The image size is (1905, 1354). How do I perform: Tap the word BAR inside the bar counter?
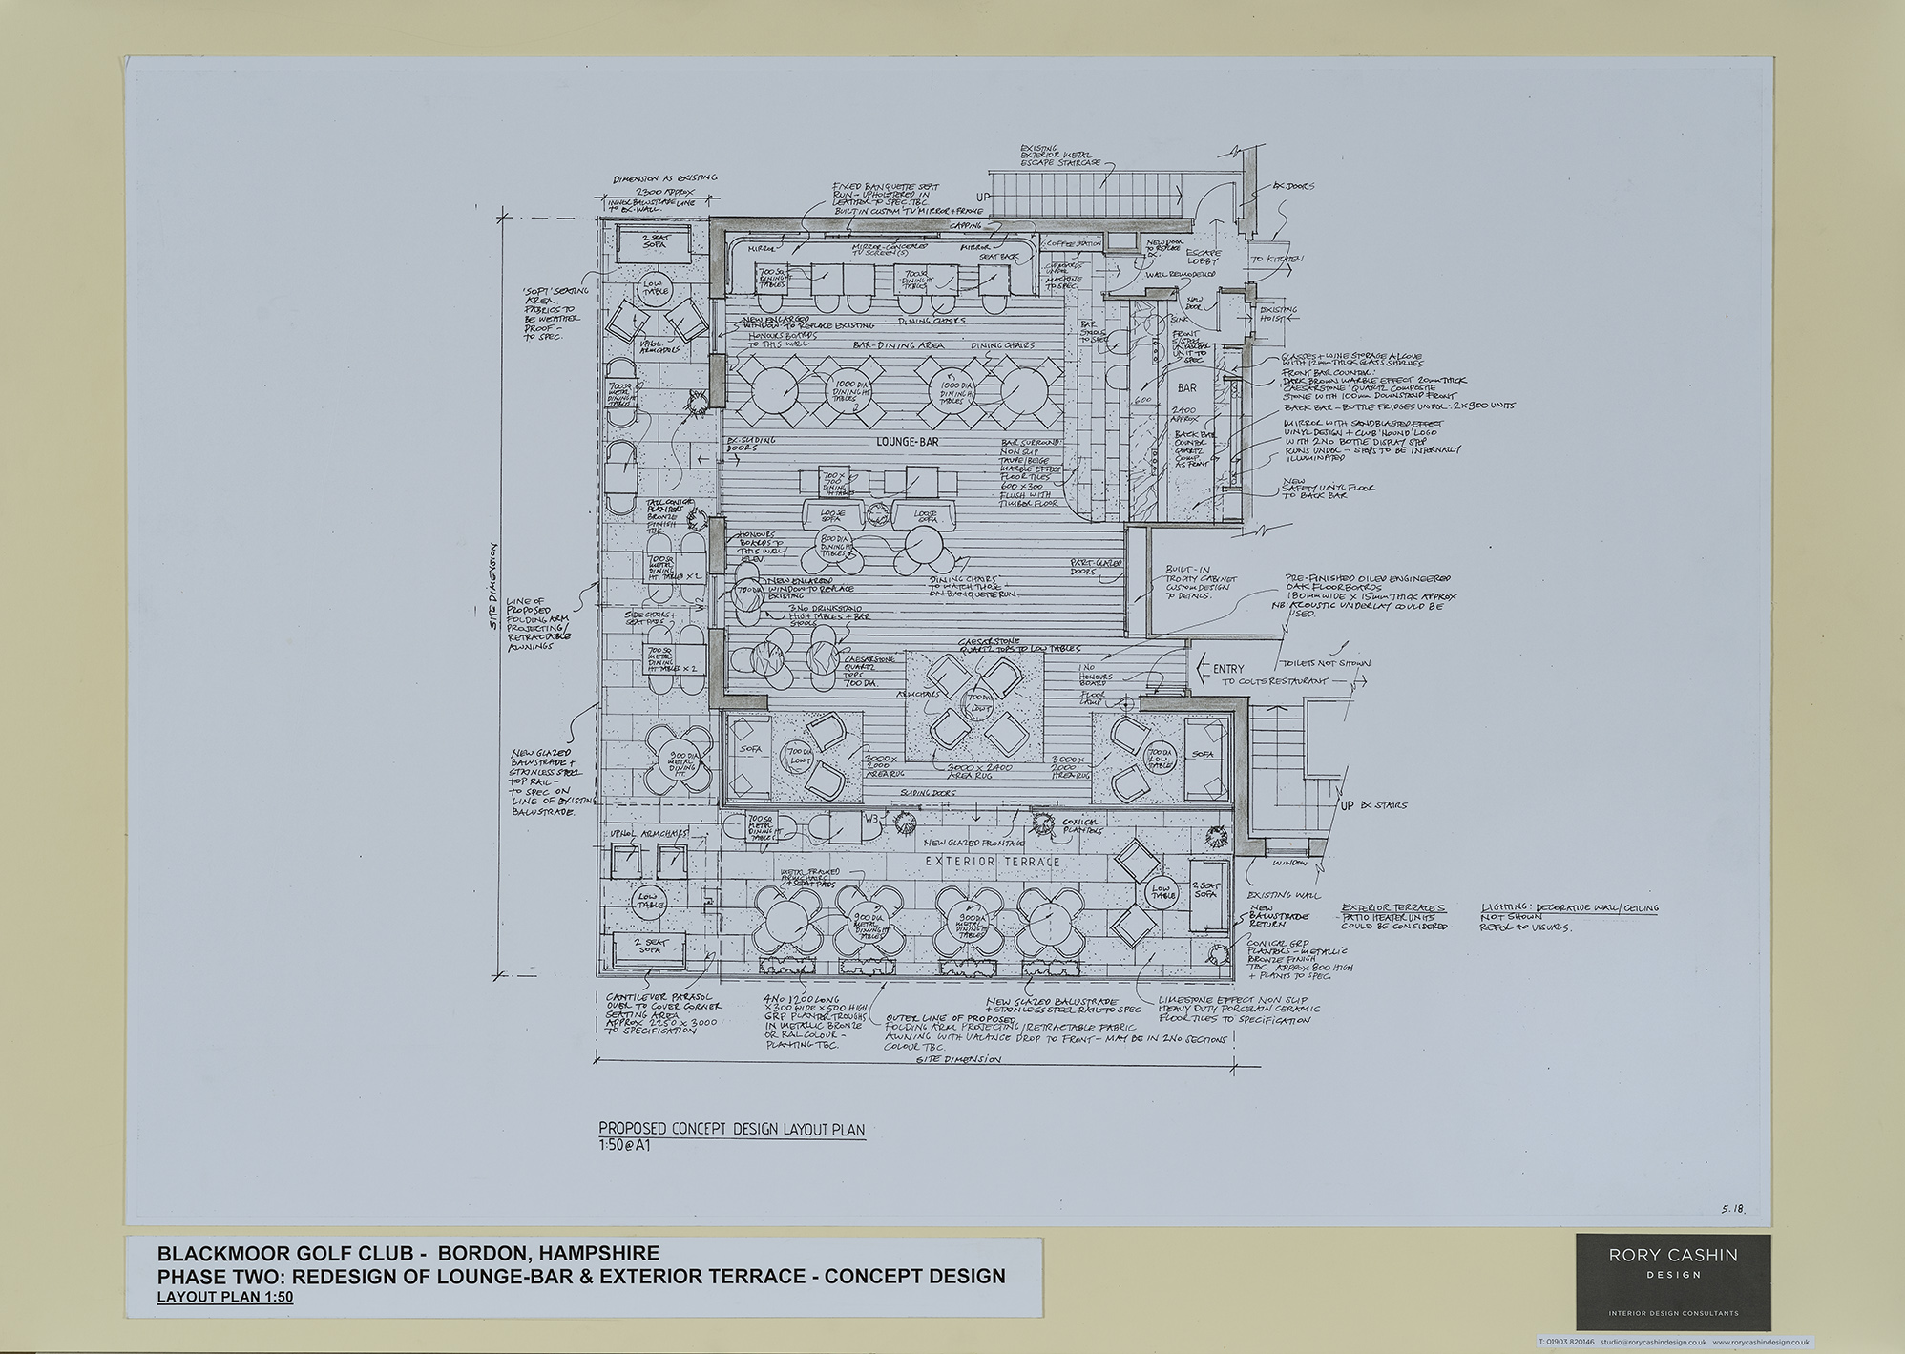click(x=1186, y=388)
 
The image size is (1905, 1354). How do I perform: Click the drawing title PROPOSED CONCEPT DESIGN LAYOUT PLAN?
click(x=731, y=1129)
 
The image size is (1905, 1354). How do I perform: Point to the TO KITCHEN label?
click(x=1277, y=259)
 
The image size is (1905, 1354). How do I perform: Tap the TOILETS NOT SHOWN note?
click(x=1334, y=662)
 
